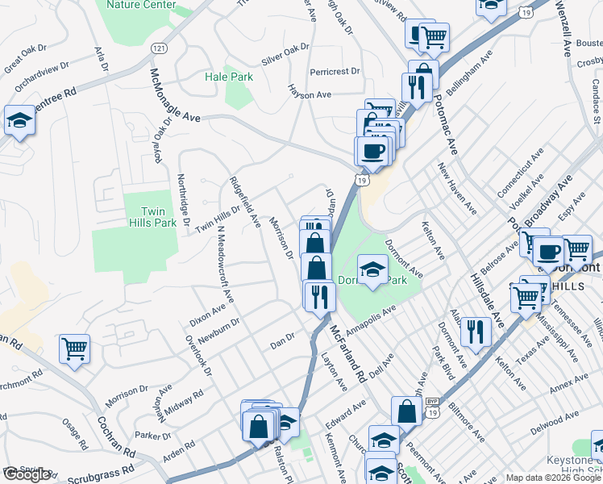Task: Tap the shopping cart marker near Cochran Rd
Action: click(x=74, y=349)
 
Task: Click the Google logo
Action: click(x=27, y=474)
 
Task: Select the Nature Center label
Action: click(x=140, y=5)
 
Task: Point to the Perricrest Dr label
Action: click(x=334, y=71)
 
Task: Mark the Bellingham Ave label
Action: click(x=468, y=72)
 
